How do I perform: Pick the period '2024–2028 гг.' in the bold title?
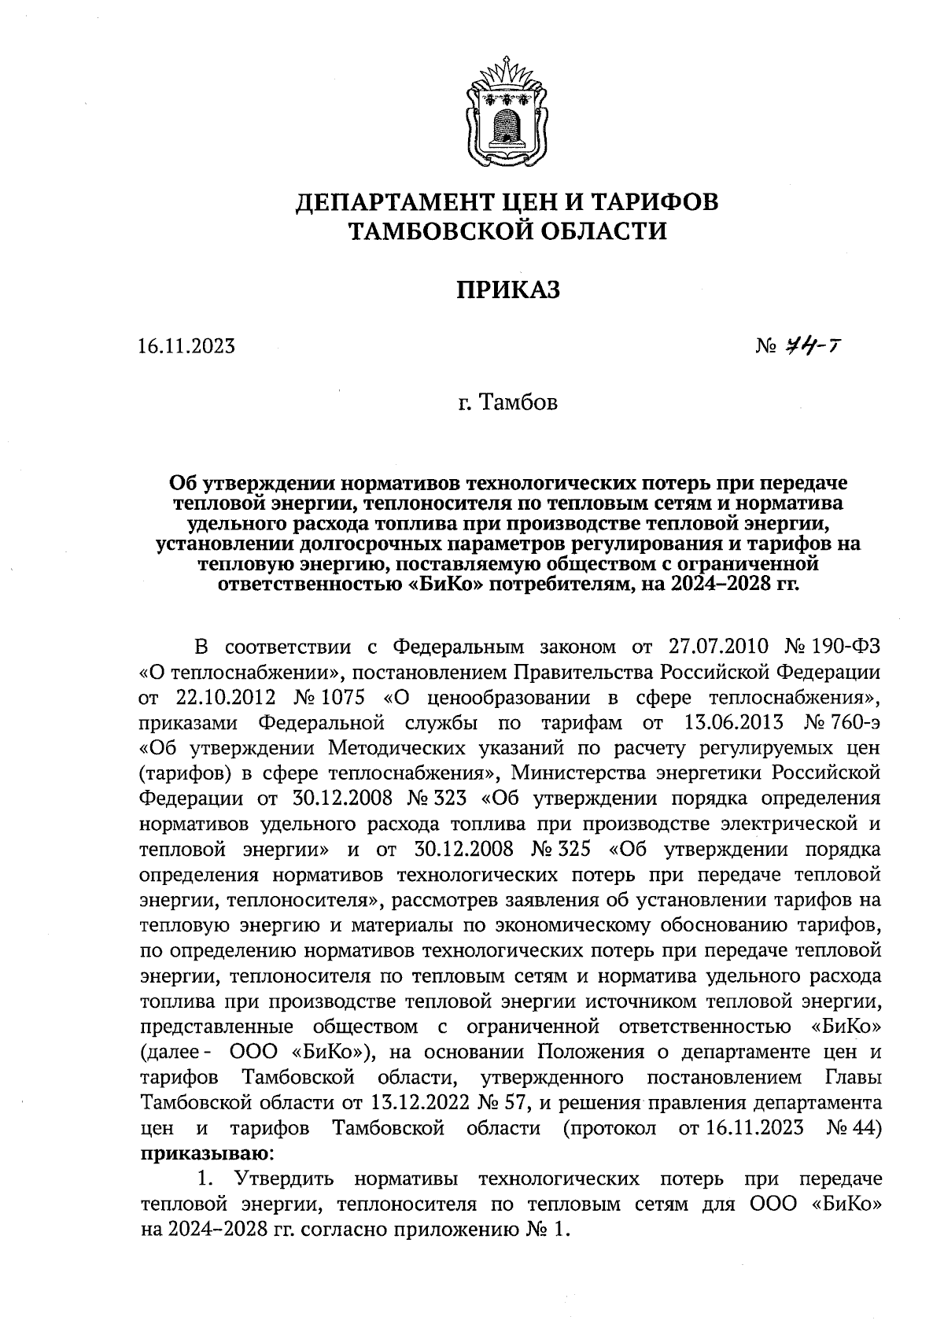[731, 585]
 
